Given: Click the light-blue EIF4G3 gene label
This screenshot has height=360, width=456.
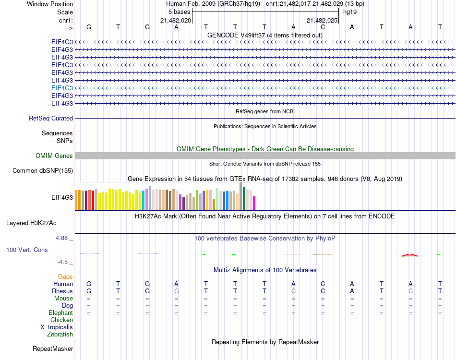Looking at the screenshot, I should point(62,88).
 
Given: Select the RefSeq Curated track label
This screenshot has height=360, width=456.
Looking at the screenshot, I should point(51,118).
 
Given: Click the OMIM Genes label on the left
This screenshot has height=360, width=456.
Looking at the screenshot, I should point(54,156).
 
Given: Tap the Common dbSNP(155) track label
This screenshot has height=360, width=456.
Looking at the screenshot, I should point(43,170).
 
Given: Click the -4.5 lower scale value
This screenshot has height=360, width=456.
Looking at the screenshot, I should point(64,262).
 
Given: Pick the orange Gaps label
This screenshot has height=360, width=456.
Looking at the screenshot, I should point(65,277).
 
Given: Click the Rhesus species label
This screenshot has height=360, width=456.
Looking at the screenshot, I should point(62,291).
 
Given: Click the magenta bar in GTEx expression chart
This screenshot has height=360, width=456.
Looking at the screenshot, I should point(254,203).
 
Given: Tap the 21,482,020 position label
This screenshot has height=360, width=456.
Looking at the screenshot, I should point(176,20).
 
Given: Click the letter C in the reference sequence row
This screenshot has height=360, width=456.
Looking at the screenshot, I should point(323,27).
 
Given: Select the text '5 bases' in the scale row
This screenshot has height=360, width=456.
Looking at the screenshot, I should point(179,11).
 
